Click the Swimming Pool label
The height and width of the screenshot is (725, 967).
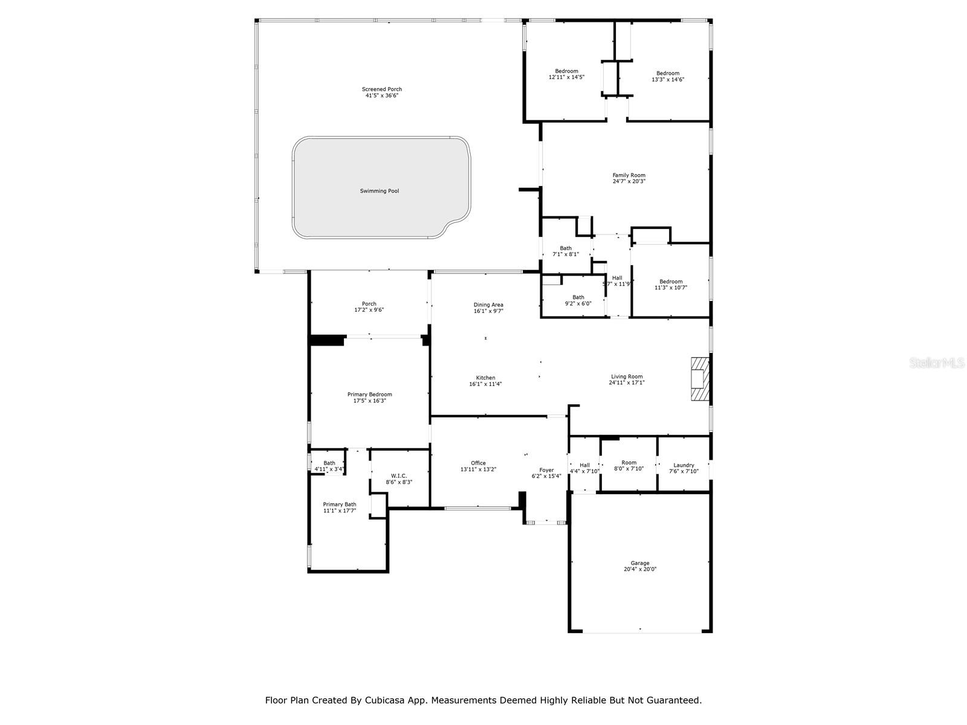(x=380, y=191)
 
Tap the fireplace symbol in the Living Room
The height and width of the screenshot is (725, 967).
(x=699, y=379)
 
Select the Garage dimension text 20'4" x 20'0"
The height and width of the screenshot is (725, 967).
(x=640, y=569)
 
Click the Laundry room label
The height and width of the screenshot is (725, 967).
(x=684, y=465)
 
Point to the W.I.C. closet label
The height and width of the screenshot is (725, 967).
(x=399, y=476)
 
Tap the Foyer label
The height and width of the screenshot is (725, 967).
(x=546, y=470)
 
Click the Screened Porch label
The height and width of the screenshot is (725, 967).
(x=382, y=89)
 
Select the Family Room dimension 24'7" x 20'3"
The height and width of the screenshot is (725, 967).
(x=629, y=181)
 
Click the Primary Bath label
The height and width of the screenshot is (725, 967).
(x=340, y=504)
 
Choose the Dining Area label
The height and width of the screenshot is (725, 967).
(x=488, y=305)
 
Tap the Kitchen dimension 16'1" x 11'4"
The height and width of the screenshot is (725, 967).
(x=485, y=384)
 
